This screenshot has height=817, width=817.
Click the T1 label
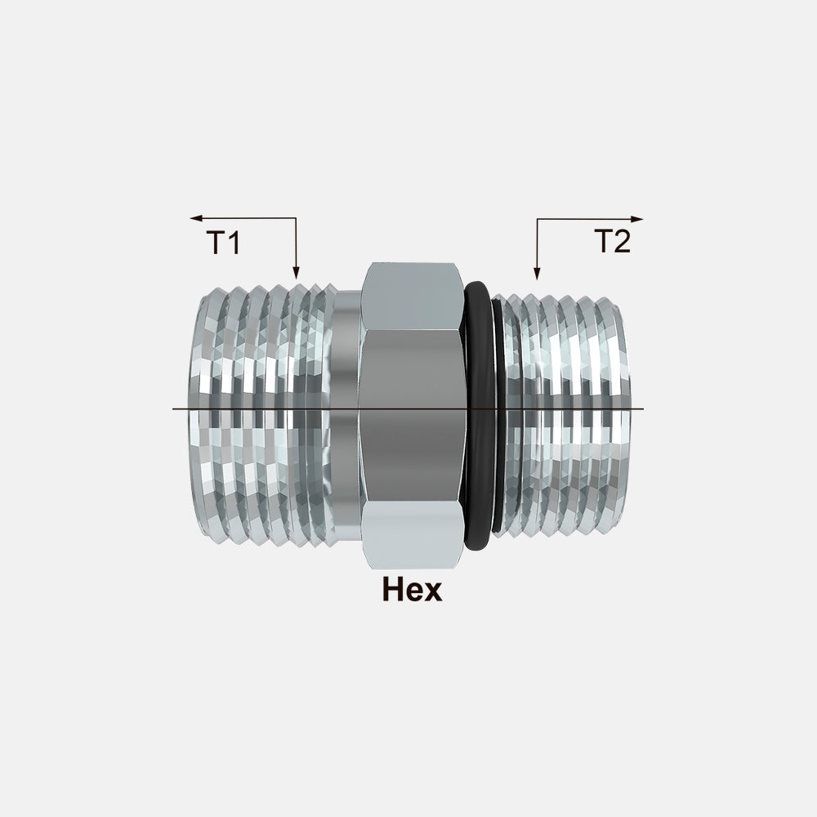[x=223, y=243]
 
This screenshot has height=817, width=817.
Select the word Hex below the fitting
[x=412, y=589]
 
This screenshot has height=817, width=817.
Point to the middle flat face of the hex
[x=412, y=417]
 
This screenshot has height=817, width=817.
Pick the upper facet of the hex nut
[x=412, y=296]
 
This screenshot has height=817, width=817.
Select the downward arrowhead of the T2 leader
[x=536, y=275]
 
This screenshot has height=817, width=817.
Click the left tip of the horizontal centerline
[x=174, y=408]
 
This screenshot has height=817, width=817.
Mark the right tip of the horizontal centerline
[x=643, y=408]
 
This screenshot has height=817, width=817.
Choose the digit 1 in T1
[x=234, y=243]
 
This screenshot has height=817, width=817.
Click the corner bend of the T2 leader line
[x=536, y=219]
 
